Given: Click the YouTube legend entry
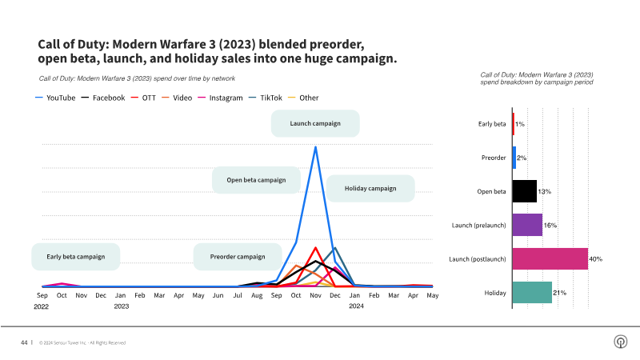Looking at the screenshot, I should coord(55,98).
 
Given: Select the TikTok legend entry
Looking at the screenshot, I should coord(266,98).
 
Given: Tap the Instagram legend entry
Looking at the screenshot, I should coord(225,98).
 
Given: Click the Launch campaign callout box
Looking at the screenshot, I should coord(314,123).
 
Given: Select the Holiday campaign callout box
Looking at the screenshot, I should coord(370,188).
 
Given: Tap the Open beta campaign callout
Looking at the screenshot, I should coord(256,180).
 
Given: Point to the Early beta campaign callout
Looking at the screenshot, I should coord(75,257).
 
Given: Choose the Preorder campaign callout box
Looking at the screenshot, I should coord(237,257).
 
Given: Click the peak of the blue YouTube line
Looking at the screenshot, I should coord(315,146).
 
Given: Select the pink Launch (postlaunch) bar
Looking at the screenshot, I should coord(550,258).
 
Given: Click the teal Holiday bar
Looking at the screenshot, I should coord(532,293).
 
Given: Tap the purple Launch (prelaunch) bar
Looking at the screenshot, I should coord(527,225).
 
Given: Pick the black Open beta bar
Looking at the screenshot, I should coord(524,191).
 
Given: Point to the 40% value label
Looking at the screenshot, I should coord(595,259).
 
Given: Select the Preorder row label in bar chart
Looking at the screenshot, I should coord(493,158).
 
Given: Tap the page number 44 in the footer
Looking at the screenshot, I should coord(24,342).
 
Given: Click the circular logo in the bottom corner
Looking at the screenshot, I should coord(619,342).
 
